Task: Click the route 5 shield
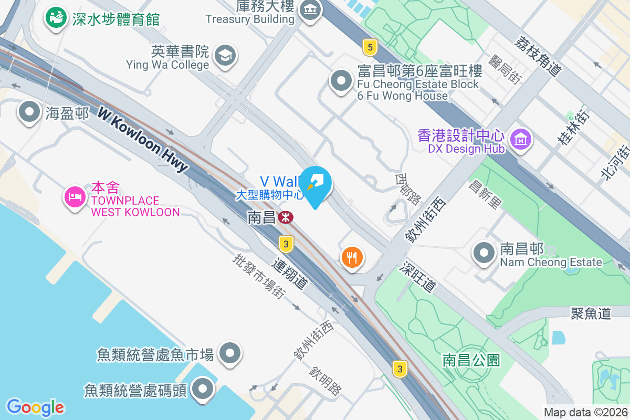[x=370, y=48]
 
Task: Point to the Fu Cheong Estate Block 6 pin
[x=342, y=81]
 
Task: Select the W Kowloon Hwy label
[x=142, y=140]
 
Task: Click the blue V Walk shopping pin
[x=317, y=184]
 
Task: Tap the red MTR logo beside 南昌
[x=286, y=217]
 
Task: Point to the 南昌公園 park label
[x=471, y=360]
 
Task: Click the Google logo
[x=35, y=407]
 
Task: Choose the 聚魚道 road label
[x=591, y=313]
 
